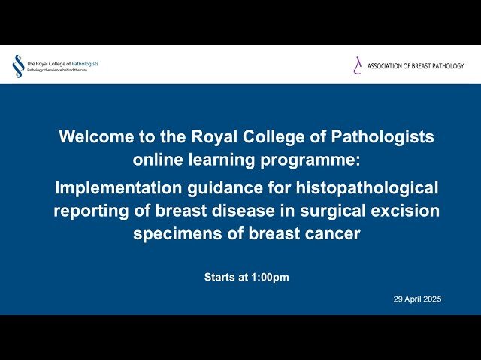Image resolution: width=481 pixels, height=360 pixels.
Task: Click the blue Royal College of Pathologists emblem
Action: [x=17, y=66]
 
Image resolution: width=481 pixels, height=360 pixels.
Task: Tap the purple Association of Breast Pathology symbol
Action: [x=358, y=66]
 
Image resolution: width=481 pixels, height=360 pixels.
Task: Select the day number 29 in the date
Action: [x=398, y=298]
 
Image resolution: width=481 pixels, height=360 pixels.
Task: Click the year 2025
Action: [x=433, y=298]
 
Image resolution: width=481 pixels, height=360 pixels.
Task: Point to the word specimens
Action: [x=171, y=233]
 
